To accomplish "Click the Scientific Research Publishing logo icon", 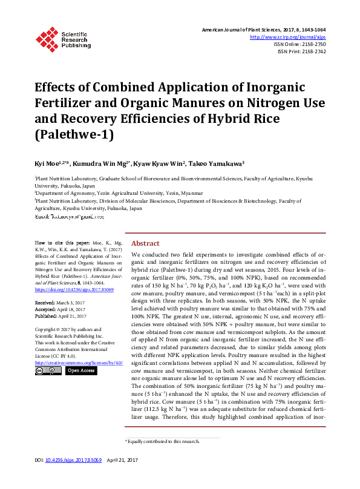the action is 47,38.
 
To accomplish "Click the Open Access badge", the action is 80,370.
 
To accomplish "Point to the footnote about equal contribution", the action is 163,458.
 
